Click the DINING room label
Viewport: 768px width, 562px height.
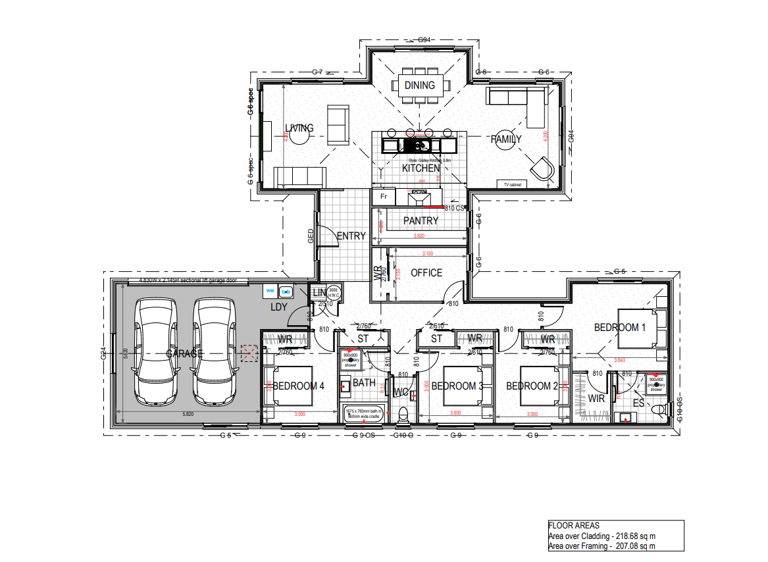click(x=419, y=85)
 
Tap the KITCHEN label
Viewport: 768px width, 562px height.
click(x=421, y=168)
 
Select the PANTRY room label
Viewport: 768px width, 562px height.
click(x=421, y=220)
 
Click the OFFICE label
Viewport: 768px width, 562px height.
click(x=426, y=272)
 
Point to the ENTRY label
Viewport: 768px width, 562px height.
click(x=351, y=236)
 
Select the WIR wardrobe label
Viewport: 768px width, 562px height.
click(x=596, y=399)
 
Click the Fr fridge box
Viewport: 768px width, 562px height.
click(x=383, y=196)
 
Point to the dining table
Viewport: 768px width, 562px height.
click(x=420, y=85)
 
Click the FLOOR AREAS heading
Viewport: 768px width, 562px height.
click(x=574, y=526)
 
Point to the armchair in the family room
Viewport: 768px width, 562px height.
click(x=544, y=167)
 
